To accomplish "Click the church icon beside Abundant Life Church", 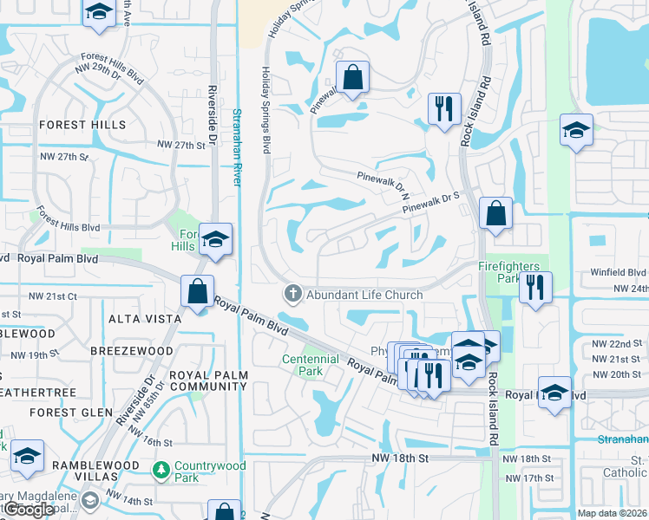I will click(x=292, y=295).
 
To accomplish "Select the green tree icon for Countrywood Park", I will click(x=161, y=471).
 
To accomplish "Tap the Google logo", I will click(x=29, y=509).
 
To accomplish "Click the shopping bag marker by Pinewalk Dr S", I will click(x=495, y=214).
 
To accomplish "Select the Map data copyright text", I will click(x=613, y=513).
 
